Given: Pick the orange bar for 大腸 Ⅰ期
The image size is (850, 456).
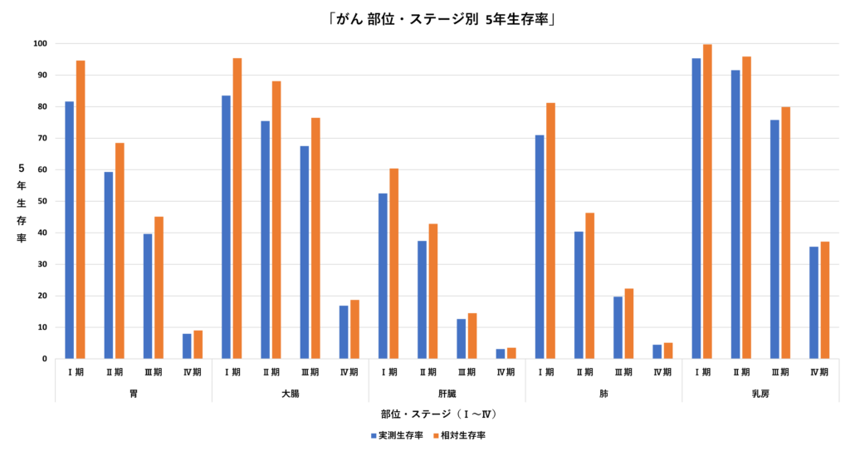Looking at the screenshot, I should click(237, 208).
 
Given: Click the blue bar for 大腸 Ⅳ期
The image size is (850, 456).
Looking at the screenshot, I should click(344, 332).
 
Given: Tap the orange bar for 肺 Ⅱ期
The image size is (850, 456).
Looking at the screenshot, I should click(590, 286).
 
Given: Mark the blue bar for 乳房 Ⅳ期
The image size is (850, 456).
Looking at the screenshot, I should click(814, 302).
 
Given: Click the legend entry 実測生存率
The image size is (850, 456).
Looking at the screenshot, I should click(396, 435).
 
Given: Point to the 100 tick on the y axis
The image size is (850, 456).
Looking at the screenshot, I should click(41, 43).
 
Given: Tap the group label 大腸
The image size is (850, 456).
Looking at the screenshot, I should click(291, 393).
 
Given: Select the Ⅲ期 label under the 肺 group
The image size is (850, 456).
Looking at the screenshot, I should click(623, 372).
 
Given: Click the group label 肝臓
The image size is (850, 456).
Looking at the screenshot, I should click(447, 393).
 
